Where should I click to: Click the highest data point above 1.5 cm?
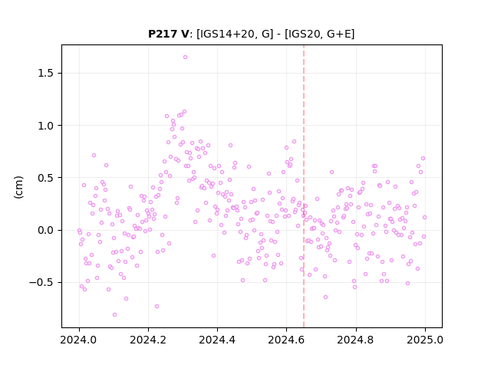pos(185,58)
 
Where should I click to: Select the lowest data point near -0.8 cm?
pos(114,315)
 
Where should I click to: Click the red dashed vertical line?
pos(304,186)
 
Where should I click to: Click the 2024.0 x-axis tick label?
pos(79,340)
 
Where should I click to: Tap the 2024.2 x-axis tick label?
pos(148,340)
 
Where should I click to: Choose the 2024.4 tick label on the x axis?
pos(217,340)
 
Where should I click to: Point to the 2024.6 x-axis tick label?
pos(286,340)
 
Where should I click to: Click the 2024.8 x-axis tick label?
pos(356,340)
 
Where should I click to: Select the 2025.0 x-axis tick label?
pos(425,340)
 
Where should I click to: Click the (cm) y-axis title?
pos(18,187)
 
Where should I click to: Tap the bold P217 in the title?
pos(163,34)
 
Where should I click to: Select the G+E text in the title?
pos(339,34)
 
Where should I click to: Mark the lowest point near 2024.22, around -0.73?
pos(157,307)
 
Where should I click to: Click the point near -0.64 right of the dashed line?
pos(325,297)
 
